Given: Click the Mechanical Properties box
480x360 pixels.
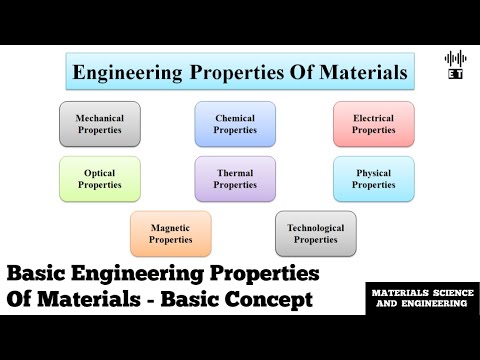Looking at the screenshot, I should [x=100, y=124].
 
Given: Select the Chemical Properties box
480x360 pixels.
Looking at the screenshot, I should [x=235, y=124].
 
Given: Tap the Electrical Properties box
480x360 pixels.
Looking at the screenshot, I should [x=373, y=124].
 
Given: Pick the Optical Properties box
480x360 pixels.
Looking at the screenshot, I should [x=100, y=179].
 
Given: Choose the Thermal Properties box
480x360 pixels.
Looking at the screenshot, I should [x=235, y=179].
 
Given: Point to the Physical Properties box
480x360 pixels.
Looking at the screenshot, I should [x=373, y=179].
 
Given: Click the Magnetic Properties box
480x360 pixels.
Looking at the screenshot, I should [x=170, y=233].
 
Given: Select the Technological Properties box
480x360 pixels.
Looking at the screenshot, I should [x=315, y=233].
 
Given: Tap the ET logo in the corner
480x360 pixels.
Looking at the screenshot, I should [x=455, y=64].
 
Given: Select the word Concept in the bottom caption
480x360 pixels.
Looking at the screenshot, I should [x=272, y=300].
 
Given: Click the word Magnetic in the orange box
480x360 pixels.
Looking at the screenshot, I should [x=170, y=227].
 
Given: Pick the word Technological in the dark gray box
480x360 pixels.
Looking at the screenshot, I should [x=315, y=227].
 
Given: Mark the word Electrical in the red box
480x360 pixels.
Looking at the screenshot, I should [x=373, y=118].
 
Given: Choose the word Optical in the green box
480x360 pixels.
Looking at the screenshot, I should [x=100, y=173].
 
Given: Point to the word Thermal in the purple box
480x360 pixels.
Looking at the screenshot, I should [x=235, y=173].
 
